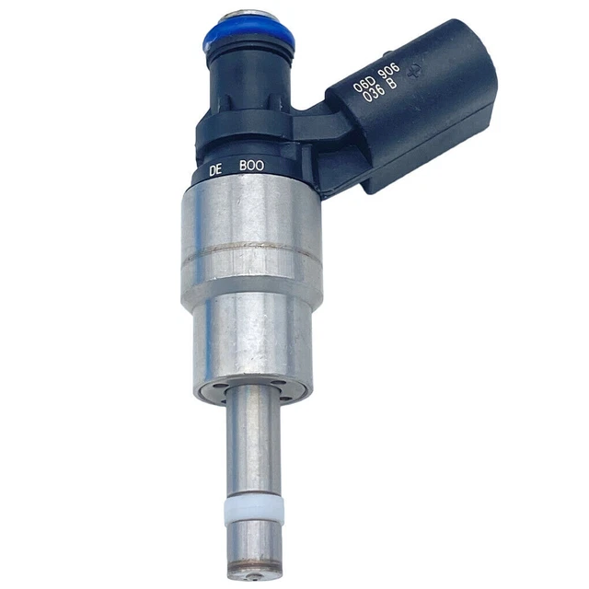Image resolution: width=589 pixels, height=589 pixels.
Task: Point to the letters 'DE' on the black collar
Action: tap(216, 169)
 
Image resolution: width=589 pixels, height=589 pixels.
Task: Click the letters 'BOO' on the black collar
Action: tap(251, 166)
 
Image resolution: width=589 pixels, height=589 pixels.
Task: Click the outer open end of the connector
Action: tap(474, 83)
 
